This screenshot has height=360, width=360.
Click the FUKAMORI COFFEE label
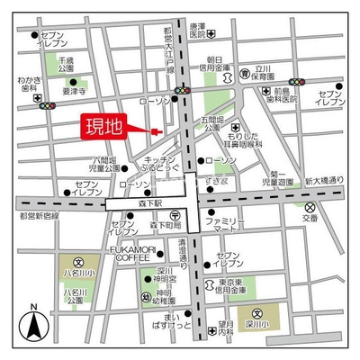pyautogui.click(x=130, y=253)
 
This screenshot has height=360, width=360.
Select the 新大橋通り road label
pyautogui.click(x=323, y=181)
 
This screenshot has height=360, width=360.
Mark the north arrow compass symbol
pyautogui.click(x=32, y=325)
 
